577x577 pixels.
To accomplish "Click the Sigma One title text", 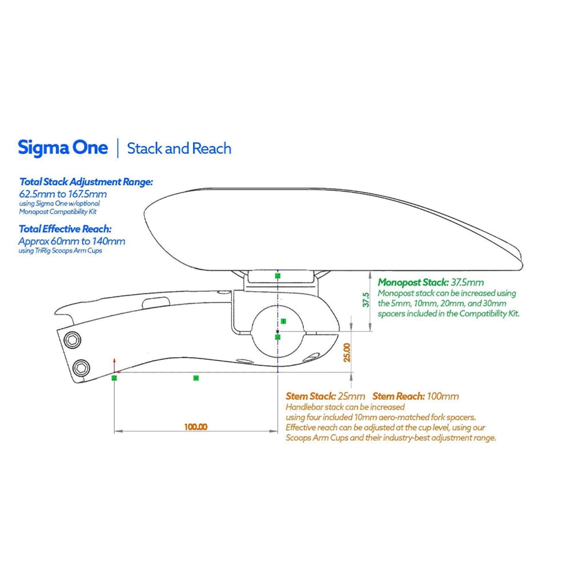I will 63,148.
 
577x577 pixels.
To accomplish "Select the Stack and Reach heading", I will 179,149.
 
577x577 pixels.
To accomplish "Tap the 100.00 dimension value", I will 196,427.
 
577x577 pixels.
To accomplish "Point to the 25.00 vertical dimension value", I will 347,352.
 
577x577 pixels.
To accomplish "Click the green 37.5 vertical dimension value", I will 366,299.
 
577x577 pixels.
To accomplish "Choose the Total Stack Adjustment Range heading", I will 86,182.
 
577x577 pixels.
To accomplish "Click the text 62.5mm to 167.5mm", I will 63,194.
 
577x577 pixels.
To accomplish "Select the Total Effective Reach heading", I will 65,229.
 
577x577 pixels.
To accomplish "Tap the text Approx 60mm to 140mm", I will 72,242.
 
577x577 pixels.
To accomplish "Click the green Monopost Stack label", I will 413,282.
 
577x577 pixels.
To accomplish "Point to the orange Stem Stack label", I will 310,396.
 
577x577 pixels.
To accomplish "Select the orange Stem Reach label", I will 398,396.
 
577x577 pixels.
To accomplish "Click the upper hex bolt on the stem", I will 72,340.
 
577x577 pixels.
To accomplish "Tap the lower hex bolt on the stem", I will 81,367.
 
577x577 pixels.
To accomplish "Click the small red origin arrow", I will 115,361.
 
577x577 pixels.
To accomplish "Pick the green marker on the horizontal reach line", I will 196,378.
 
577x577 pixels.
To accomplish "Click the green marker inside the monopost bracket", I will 278,276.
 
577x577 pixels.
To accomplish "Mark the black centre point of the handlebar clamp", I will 278,331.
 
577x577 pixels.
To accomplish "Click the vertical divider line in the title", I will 118,148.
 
